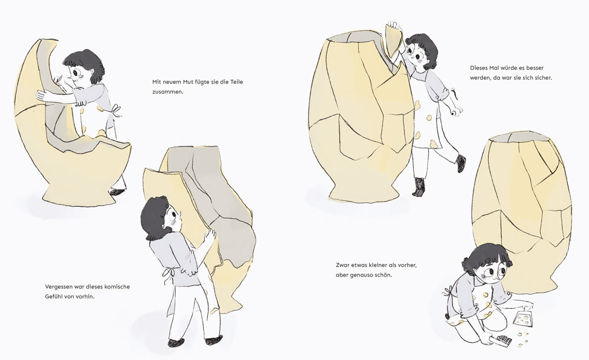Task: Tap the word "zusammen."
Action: coord(167,91)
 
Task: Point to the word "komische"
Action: coord(117,287)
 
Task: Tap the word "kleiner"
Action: coord(379,265)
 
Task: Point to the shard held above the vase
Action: coord(394,41)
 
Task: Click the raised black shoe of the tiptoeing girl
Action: coord(461,163)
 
